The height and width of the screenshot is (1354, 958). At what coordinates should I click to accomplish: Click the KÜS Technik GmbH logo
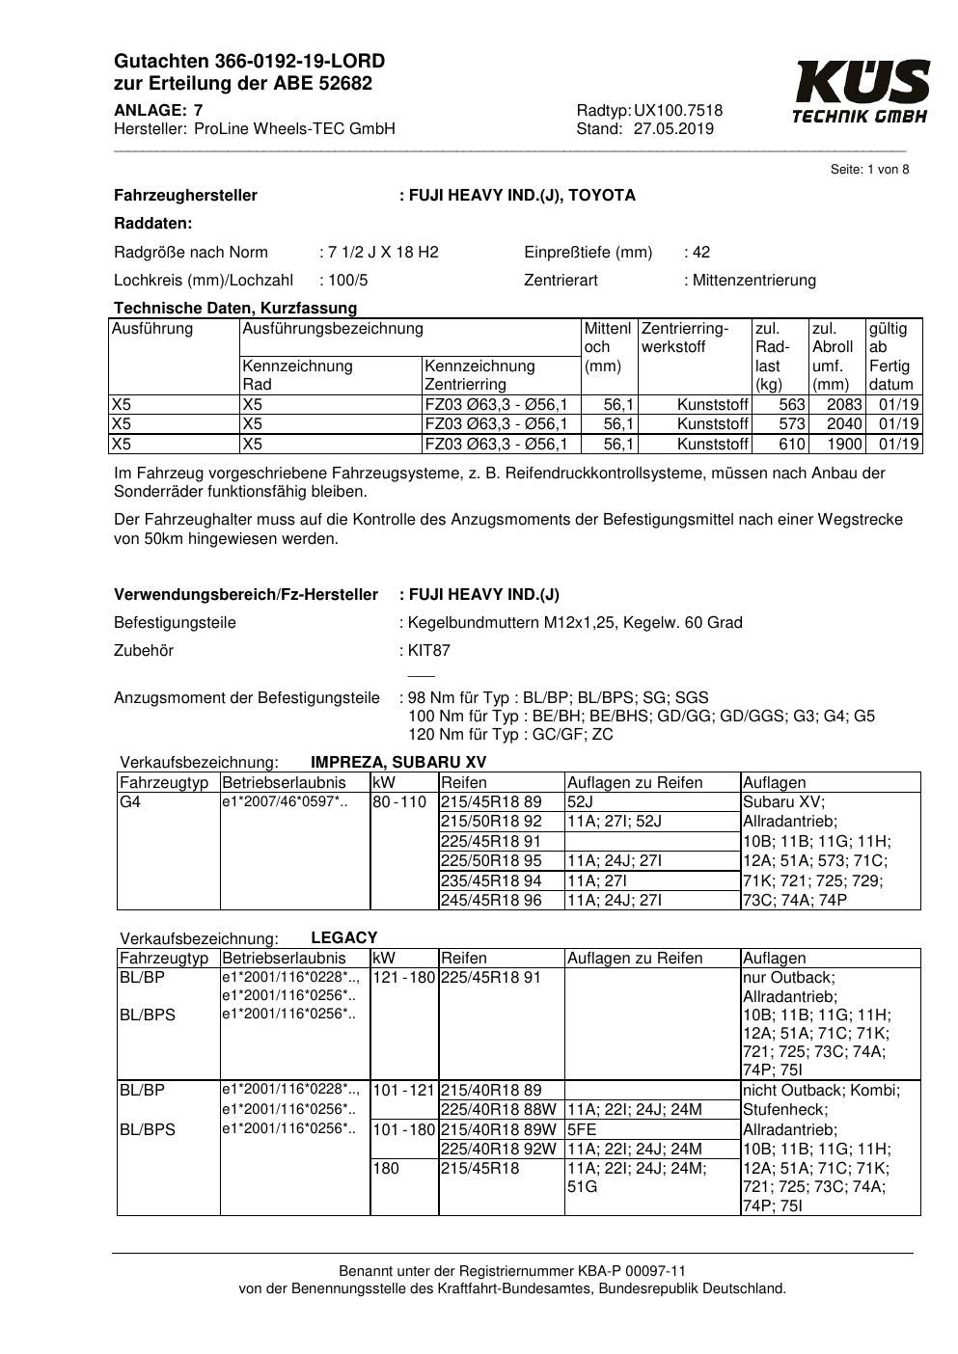[x=861, y=92]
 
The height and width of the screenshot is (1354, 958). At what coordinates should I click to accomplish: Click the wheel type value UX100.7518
[x=678, y=111]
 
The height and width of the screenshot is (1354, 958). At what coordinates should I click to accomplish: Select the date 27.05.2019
[x=673, y=129]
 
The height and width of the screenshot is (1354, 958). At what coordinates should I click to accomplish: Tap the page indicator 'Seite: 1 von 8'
[x=869, y=170]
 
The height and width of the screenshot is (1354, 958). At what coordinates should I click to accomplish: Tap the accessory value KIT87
[x=429, y=651]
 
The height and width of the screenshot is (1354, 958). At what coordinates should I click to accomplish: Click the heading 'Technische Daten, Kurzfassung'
[x=235, y=309]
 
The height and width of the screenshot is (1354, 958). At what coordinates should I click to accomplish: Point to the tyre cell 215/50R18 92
[x=491, y=822]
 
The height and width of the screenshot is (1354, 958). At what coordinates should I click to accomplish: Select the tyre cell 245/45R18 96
[x=491, y=901]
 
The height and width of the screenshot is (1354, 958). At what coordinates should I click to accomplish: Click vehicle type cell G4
[x=130, y=802]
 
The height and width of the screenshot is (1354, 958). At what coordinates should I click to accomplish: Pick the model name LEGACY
[x=344, y=937]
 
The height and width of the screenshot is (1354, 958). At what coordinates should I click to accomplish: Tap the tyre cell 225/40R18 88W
[x=498, y=1110]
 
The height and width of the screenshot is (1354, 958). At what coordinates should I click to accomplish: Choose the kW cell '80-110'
[x=399, y=802]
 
